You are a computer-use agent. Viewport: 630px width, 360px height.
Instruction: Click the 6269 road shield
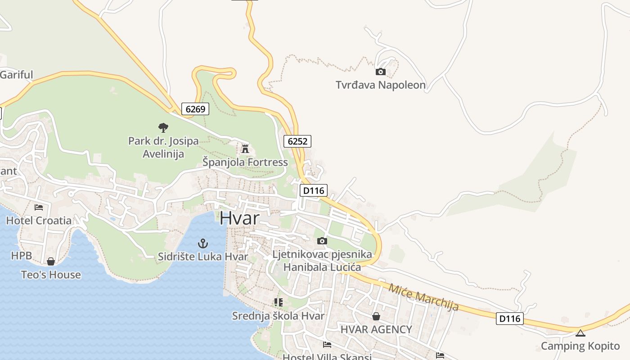coord(195,109)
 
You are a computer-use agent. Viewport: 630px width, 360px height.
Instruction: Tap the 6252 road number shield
coord(297,141)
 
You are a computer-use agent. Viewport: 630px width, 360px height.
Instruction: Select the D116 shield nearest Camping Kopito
coord(510,319)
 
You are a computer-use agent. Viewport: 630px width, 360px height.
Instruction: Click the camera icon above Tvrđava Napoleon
coord(380,72)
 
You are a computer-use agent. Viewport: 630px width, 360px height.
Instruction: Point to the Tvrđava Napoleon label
coord(380,85)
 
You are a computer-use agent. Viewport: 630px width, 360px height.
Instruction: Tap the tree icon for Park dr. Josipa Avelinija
coord(163,128)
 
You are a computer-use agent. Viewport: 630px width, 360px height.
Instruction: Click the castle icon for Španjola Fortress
coord(245,148)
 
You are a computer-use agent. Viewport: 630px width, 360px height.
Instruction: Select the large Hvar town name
coord(239,218)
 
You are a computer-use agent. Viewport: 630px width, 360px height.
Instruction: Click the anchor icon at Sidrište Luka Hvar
coord(203,244)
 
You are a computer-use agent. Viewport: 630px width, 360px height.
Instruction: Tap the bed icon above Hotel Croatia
coord(39,207)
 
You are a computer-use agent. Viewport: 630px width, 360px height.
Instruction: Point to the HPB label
coord(22,256)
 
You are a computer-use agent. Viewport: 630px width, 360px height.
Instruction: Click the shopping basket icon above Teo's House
coord(51,261)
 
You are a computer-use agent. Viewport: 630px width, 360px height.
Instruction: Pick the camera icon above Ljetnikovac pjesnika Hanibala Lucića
coord(322,241)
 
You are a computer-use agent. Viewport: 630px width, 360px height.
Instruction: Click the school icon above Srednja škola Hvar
coord(278,302)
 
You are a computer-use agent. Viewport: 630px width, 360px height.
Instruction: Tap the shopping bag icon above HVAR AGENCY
coord(376,316)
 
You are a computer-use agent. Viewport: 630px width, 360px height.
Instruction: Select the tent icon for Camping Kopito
coord(580,333)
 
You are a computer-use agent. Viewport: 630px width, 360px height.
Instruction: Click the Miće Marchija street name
coord(423,297)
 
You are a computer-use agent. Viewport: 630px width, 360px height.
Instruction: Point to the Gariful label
coord(17,75)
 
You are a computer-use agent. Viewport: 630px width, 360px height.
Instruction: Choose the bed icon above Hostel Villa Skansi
coord(327,345)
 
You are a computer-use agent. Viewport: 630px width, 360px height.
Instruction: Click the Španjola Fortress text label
coord(245,162)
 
